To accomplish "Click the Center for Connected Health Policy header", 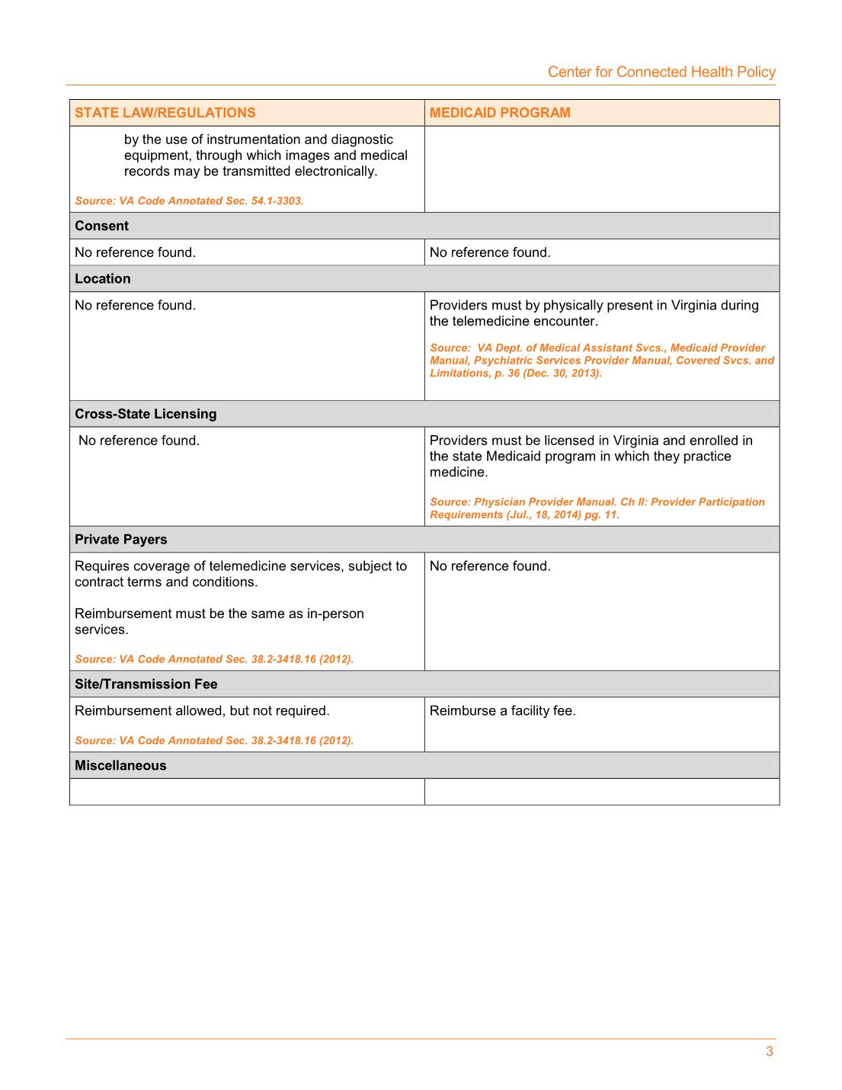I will pos(661,72).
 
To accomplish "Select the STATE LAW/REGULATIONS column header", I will pos(165,113).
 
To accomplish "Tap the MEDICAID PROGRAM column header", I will pos(499,113).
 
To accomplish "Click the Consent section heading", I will pos(101,226).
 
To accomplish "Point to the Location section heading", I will pos(102,278).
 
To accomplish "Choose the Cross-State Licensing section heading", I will pos(146,414).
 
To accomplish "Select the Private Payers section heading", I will pos(120,539).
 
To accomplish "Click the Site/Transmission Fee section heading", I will pos(146,684).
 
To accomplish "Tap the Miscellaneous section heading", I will pos(120,765).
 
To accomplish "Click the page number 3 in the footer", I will pos(769,1052).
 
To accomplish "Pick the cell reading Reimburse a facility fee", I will pos(502,710).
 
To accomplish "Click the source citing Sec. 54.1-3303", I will pos(189,201).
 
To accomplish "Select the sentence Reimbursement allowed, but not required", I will pos(202,710).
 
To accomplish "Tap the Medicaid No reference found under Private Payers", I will pos(490,566).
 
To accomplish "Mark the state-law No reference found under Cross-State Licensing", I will pos(139,441).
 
